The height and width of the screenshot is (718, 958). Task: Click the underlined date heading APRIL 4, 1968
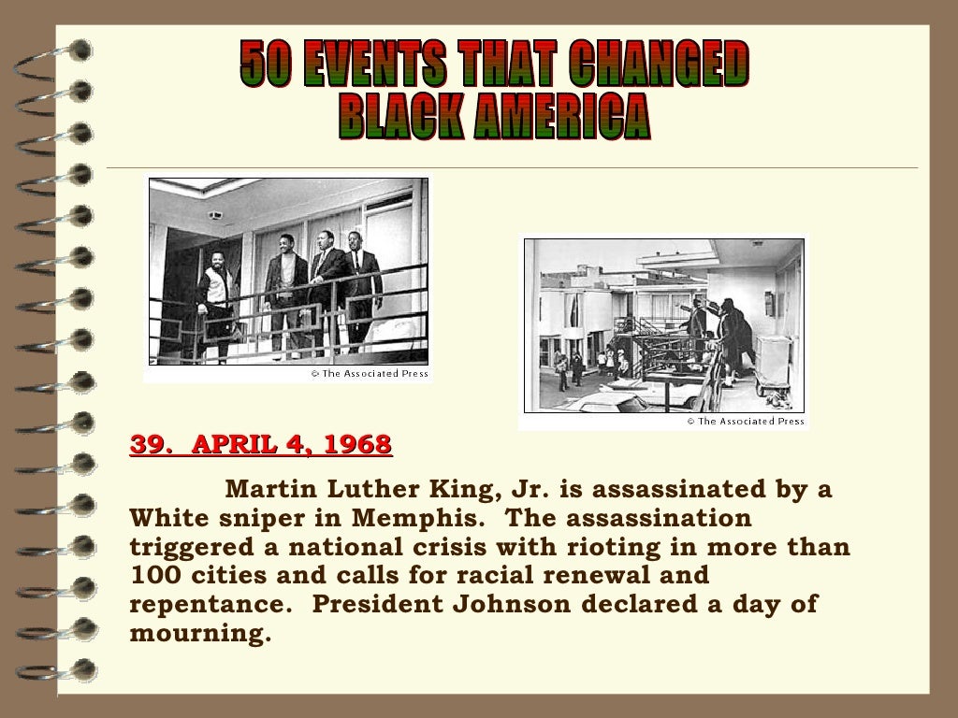(x=291, y=444)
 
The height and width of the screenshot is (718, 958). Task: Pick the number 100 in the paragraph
(x=152, y=575)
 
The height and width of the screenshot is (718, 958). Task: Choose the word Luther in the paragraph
(x=371, y=490)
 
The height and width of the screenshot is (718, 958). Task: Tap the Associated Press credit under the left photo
(x=370, y=374)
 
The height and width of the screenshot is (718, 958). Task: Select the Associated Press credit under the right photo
(x=746, y=422)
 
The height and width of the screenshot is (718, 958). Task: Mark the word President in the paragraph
(x=373, y=603)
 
